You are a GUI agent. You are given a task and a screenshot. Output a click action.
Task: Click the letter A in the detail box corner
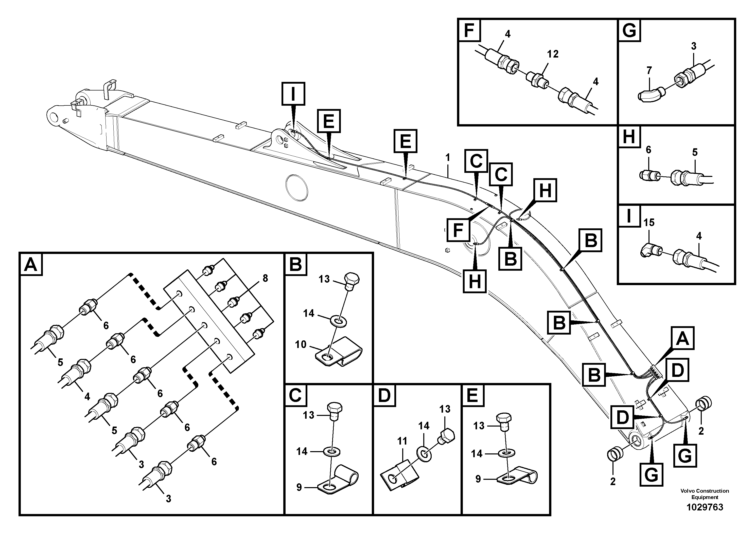click(x=31, y=264)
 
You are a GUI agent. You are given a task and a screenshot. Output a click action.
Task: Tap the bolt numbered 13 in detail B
click(x=352, y=281)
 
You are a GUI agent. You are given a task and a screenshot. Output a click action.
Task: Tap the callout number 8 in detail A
click(x=265, y=278)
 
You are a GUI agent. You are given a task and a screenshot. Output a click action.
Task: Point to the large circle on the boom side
click(x=297, y=187)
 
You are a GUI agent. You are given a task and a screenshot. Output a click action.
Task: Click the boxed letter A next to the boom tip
click(x=682, y=338)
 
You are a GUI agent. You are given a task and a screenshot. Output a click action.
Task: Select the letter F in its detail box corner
click(x=469, y=30)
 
